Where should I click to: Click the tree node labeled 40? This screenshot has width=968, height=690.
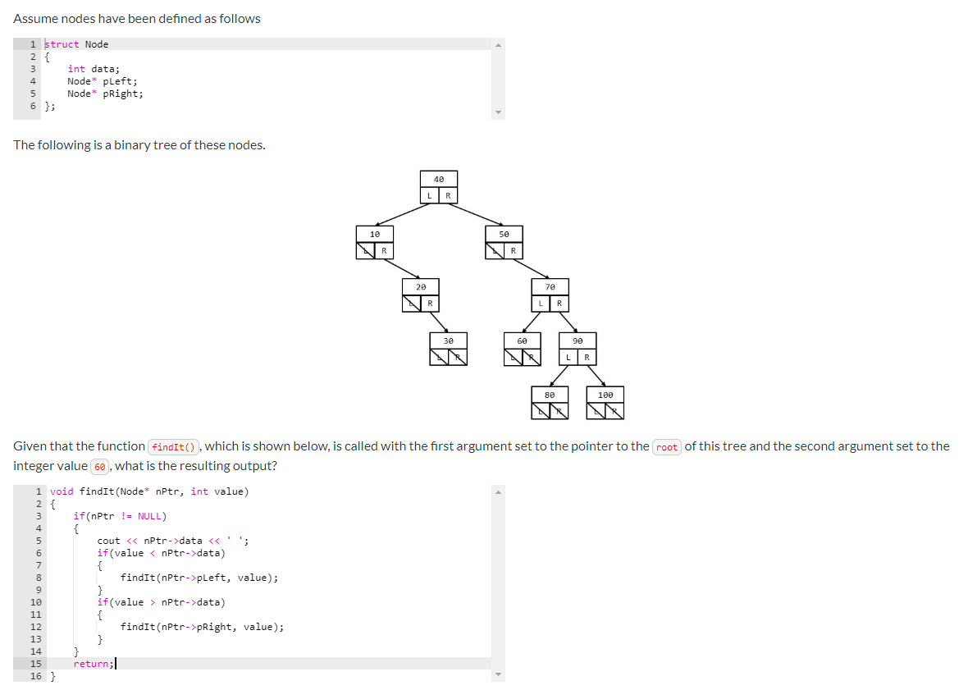pyautogui.click(x=439, y=180)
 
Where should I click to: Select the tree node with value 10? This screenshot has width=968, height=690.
pyautogui.click(x=375, y=235)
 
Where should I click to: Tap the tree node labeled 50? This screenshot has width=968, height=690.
pyautogui.click(x=504, y=235)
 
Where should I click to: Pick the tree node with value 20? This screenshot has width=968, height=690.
pyautogui.click(x=421, y=288)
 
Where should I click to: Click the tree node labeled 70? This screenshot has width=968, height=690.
pyautogui.click(x=550, y=288)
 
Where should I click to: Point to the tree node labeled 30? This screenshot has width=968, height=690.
pyautogui.click(x=448, y=340)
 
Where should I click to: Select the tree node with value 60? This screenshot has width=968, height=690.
pyautogui.click(x=523, y=340)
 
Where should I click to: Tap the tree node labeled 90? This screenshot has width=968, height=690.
pyautogui.click(x=578, y=340)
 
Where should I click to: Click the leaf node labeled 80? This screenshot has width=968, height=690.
pyautogui.click(x=550, y=395)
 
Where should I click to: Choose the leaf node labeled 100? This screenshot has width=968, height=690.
pyautogui.click(x=605, y=395)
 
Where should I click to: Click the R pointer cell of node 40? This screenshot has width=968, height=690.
pyautogui.click(x=448, y=195)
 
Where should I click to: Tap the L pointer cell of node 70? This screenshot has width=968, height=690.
pyautogui.click(x=541, y=304)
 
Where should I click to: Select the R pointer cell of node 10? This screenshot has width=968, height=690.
pyautogui.click(x=384, y=250)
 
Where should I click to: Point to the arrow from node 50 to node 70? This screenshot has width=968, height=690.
pyautogui.click(x=531, y=267)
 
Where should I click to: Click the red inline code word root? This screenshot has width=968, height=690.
pyautogui.click(x=667, y=447)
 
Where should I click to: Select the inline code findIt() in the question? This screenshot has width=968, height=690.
pyautogui.click(x=173, y=447)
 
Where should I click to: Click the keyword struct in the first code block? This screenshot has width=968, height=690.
pyautogui.click(x=62, y=44)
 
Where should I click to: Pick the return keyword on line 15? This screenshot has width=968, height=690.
pyautogui.click(x=91, y=664)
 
